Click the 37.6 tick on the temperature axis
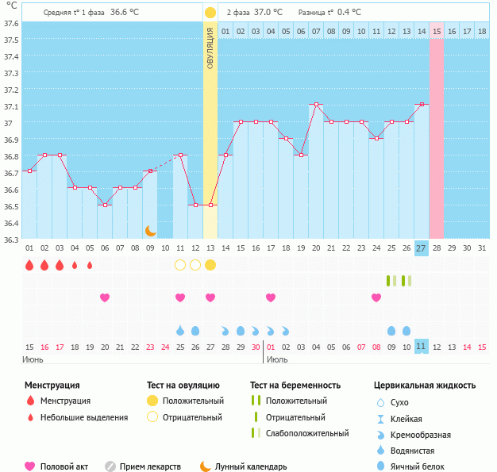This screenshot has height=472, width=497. point(10,23)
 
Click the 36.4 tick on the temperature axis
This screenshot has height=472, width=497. point(10,223)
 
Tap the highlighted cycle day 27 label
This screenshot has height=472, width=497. point(422,248)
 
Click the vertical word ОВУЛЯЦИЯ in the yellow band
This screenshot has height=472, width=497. point(210,47)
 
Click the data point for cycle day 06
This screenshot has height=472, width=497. point(105,205)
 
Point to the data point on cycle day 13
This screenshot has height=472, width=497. point(210,205)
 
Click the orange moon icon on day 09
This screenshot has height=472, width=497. point(150,230)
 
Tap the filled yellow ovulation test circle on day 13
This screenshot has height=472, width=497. point(210,264)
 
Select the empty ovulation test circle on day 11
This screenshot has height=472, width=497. point(180,264)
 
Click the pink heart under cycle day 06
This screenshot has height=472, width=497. point(105,297)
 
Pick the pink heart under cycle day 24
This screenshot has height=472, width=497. point(376,297)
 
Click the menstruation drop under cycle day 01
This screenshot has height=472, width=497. point(29,265)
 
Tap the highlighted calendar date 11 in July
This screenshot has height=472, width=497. point(422,347)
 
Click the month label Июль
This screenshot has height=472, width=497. point(277,359)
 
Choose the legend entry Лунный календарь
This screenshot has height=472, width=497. point(250,466)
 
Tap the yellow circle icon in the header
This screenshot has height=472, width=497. point(210,13)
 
